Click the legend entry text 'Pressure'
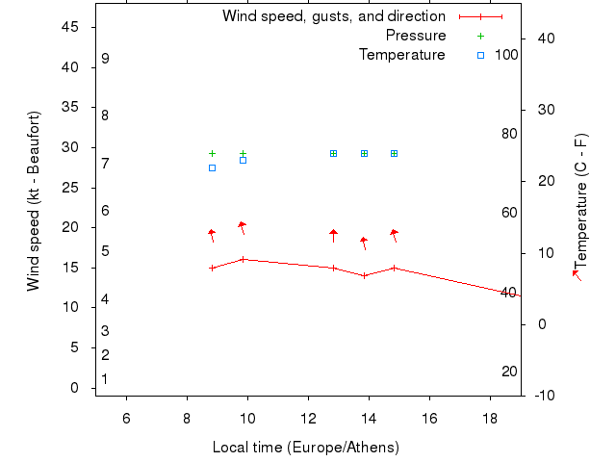tap(416, 36)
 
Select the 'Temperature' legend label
tap(401, 55)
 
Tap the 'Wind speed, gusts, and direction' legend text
tap(333, 16)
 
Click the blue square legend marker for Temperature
tap(480, 55)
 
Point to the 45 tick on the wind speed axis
tap(69, 27)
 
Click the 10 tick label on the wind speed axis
tap(69, 307)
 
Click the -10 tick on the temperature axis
tap(543, 395)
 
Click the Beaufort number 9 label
tap(105, 59)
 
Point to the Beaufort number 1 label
tap(105, 379)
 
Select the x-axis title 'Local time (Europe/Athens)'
tap(305, 448)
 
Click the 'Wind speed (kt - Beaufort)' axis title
tap(33, 201)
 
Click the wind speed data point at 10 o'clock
tap(243, 259)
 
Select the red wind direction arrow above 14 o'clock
tap(364, 243)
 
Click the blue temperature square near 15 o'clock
tap(395, 154)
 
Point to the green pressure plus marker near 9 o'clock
tap(213, 154)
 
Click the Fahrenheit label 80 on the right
tap(509, 134)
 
